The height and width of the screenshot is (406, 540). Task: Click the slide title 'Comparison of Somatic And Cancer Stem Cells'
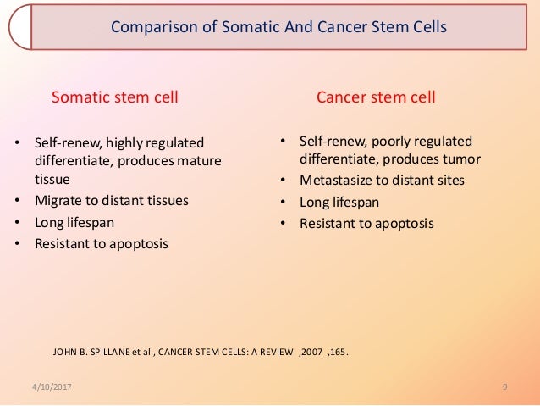278,27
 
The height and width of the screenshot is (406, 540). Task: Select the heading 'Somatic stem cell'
116,97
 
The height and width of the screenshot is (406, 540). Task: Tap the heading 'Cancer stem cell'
376,97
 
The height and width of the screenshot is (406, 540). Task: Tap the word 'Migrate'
58,202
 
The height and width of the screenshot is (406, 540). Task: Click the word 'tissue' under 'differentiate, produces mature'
52,180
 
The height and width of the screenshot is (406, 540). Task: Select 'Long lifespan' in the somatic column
74,223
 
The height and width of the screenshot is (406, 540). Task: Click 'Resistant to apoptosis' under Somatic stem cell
102,244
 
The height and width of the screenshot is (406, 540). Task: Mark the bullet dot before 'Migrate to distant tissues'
19,202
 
